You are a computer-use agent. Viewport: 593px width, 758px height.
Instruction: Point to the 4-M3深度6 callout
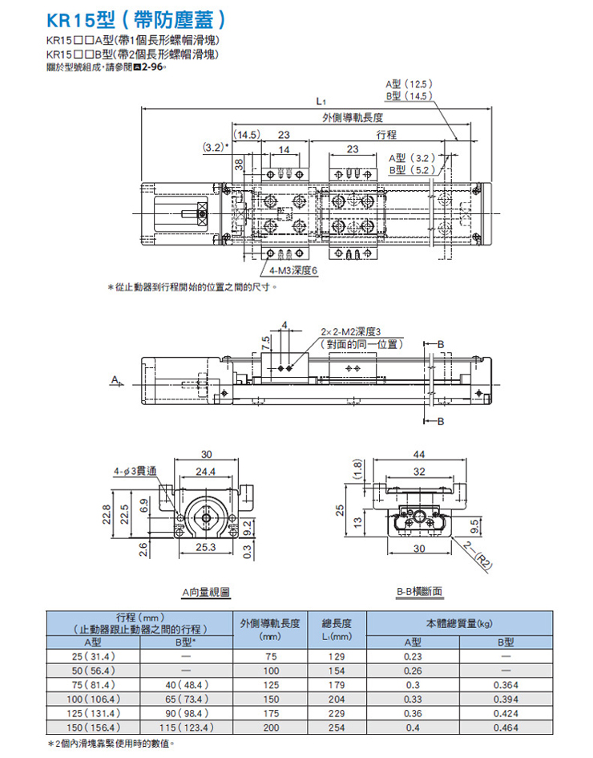(294, 270)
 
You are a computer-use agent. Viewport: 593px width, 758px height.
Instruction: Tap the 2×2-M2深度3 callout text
(353, 331)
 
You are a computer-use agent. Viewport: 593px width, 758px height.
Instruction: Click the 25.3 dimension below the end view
(206, 548)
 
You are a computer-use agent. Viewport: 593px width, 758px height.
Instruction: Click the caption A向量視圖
(205, 592)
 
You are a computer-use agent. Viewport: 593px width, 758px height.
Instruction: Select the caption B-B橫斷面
(418, 592)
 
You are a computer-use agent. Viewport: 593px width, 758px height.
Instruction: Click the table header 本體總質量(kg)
(459, 623)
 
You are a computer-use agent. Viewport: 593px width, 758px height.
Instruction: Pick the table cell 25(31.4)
(95, 656)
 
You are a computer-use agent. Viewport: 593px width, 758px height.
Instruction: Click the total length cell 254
(336, 728)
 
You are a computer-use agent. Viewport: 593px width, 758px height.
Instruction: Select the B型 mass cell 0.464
(506, 728)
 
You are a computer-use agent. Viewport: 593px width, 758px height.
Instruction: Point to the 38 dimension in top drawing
(239, 164)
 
